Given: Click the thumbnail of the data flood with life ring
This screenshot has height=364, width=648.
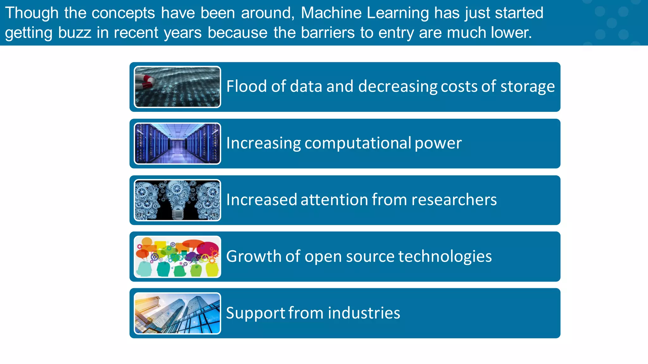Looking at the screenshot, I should coord(177,87).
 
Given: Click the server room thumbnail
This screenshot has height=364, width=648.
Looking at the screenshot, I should coord(177,143).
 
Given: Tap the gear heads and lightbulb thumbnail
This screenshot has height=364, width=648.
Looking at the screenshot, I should coord(177,200).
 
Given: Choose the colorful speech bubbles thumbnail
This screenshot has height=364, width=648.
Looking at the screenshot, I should coord(177,257).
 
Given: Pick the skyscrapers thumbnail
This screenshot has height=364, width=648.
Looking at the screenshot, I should coord(177,313).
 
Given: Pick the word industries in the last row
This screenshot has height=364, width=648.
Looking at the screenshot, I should coord(364,313).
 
